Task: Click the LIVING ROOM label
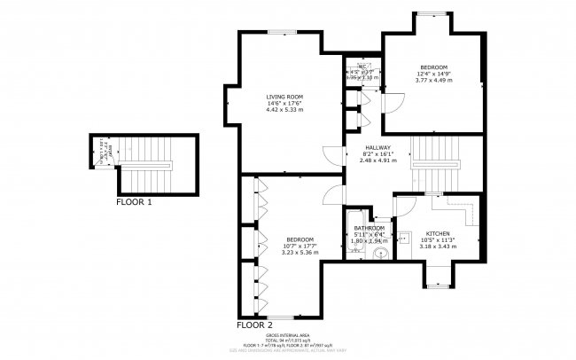click(x=285, y=97)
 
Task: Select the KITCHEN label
click(x=438, y=232)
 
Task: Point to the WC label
click(x=362, y=66)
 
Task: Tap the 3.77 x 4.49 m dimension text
click(x=433, y=81)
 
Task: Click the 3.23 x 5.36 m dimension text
click(x=300, y=253)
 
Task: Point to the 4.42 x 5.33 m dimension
click(x=285, y=111)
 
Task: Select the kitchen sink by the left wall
click(x=402, y=238)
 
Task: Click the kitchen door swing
click(x=403, y=207)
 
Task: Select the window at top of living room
click(x=284, y=32)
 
